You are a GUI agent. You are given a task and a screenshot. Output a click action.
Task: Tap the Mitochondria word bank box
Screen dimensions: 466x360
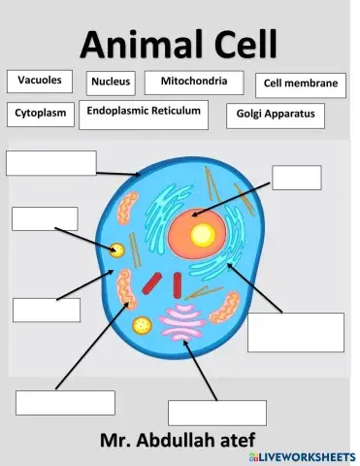[x=193, y=83]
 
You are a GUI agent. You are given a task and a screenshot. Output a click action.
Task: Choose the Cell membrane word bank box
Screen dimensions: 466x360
[x=300, y=84]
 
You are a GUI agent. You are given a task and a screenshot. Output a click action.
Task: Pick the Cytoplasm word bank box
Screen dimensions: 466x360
[x=40, y=114]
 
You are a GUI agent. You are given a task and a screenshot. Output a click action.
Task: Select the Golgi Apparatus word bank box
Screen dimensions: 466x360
[x=276, y=115]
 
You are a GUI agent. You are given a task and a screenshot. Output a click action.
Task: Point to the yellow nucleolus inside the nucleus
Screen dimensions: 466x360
[x=203, y=234]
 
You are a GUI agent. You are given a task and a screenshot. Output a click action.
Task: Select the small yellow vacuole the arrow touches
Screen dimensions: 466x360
[x=117, y=250]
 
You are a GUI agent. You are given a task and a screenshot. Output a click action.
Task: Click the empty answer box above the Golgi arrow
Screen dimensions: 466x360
[x=216, y=413]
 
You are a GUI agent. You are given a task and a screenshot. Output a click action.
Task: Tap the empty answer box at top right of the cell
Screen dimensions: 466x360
[x=296, y=178]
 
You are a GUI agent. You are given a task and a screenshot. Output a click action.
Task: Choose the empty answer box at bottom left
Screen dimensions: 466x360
[x=65, y=402]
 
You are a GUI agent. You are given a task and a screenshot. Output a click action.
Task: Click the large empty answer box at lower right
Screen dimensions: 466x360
[x=295, y=332]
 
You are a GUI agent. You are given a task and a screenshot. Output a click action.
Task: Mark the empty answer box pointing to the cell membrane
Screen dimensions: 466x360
[x=50, y=163]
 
